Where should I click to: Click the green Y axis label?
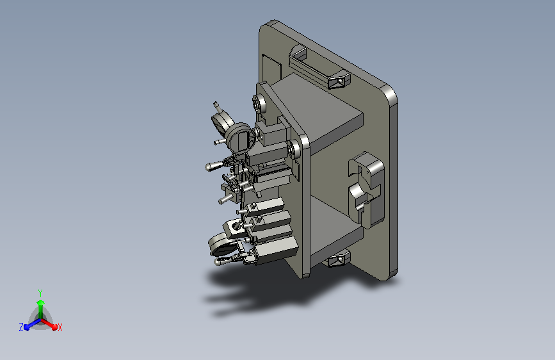tap(40, 293)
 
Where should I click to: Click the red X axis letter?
tap(60, 327)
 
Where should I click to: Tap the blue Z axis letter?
tap(21, 327)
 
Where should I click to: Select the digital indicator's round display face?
tap(241, 138)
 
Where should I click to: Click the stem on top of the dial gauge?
tap(216, 107)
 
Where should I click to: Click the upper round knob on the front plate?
tap(259, 104)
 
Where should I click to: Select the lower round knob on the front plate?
tap(293, 149)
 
